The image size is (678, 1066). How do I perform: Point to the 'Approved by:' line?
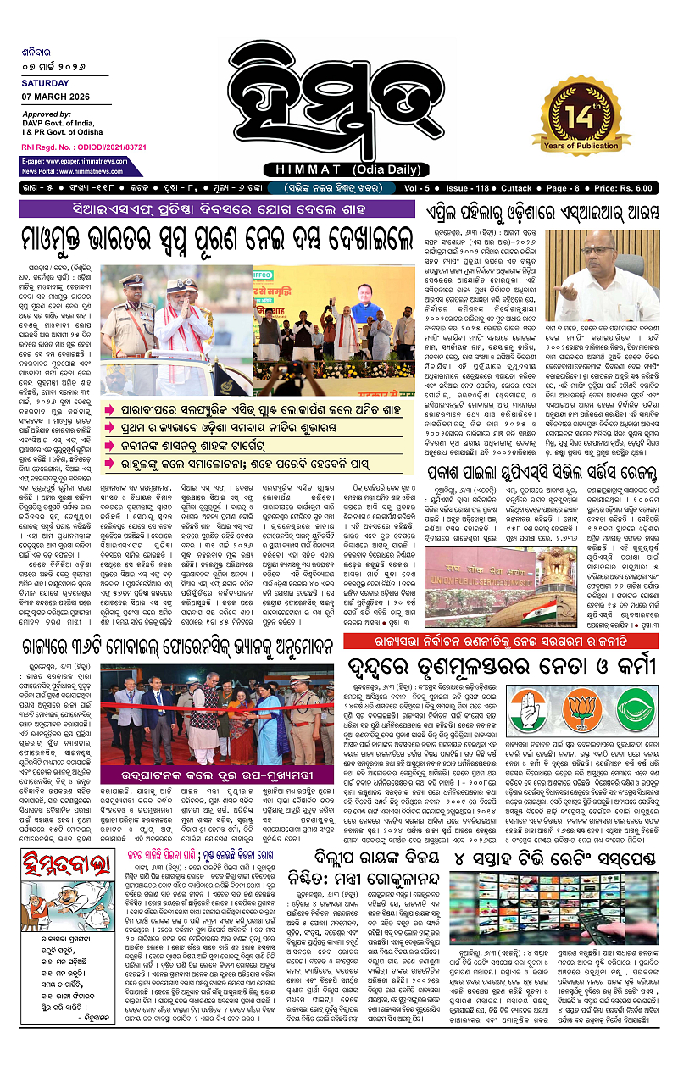(x=47, y=114)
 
